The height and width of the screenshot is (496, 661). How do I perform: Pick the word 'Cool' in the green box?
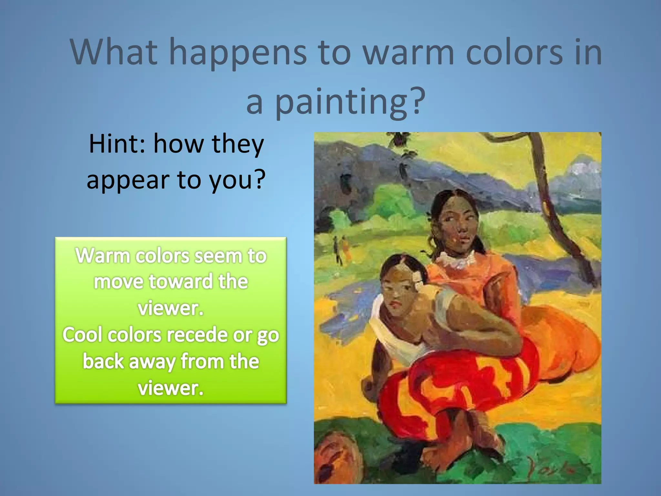(83, 335)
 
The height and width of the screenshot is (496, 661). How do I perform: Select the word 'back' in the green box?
(103, 361)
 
